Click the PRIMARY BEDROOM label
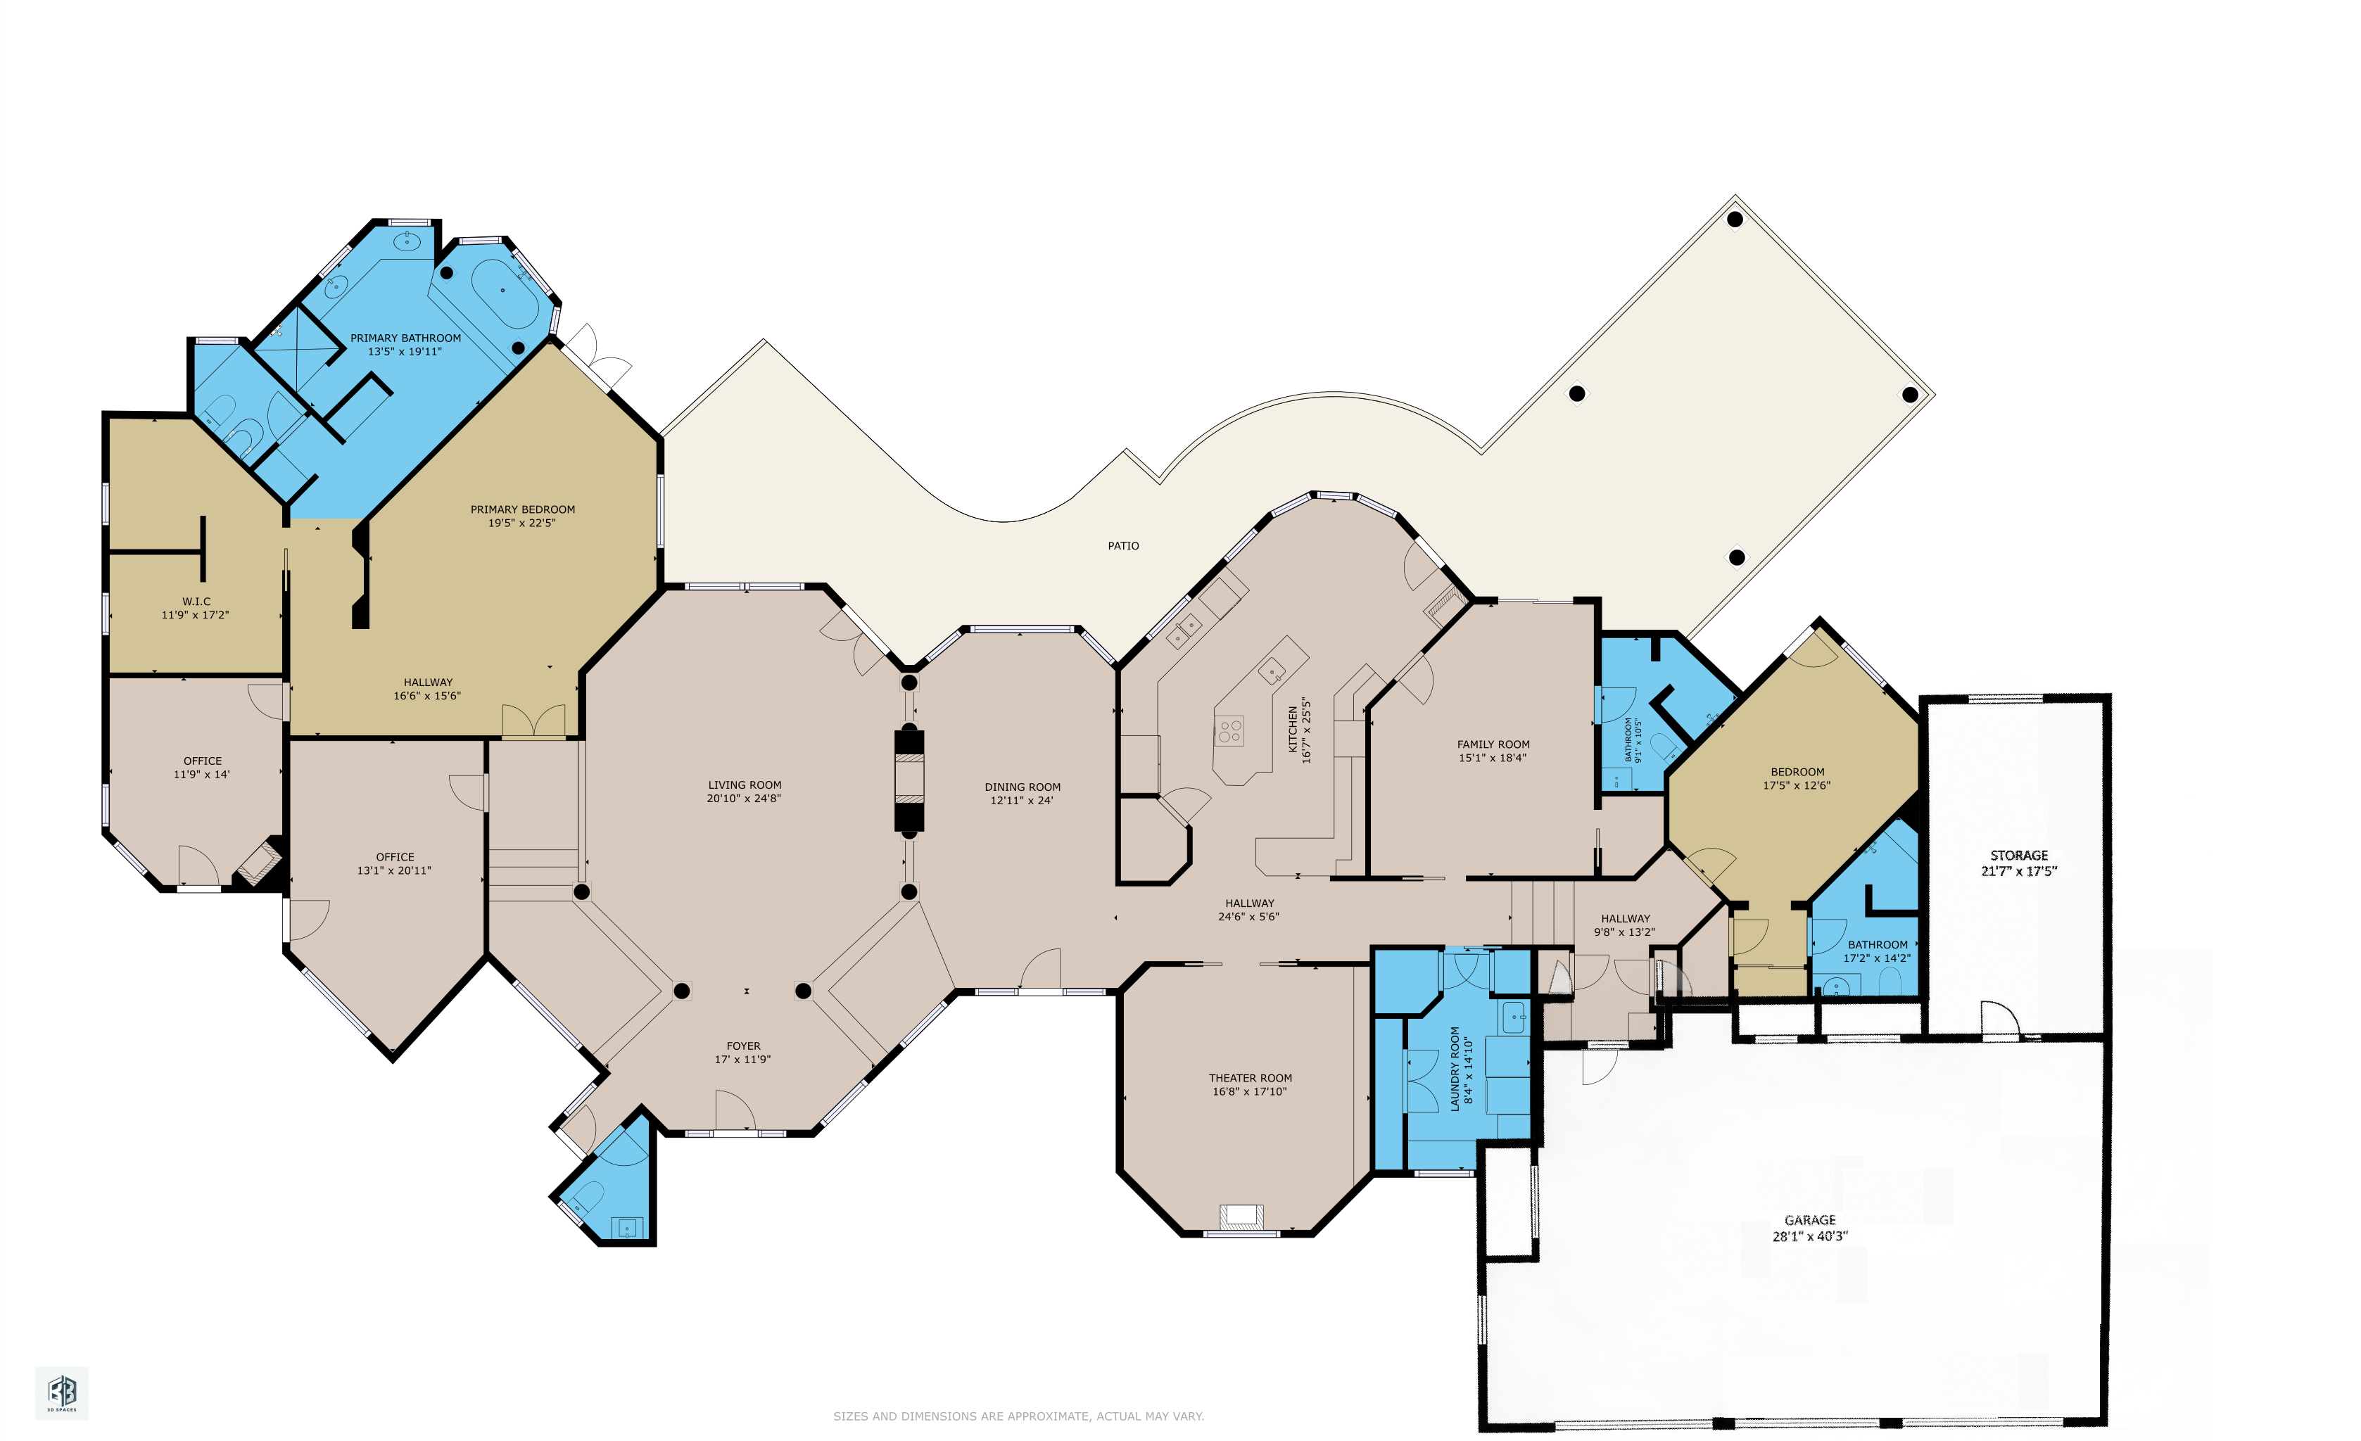pos(522,509)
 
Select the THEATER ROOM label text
pos(1251,1078)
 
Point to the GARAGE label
pos(1810,1219)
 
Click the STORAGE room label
pos(2019,856)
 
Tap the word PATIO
pos(1123,546)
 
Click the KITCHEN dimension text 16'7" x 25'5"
pos(1305,730)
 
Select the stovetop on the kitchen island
pos(1230,732)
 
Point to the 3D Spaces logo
pos(63,1392)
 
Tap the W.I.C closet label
pos(196,602)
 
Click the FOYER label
pos(744,1046)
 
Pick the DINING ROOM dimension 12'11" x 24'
pos(1021,801)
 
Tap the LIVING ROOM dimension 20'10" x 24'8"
pos(744,798)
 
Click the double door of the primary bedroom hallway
pos(533,721)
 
